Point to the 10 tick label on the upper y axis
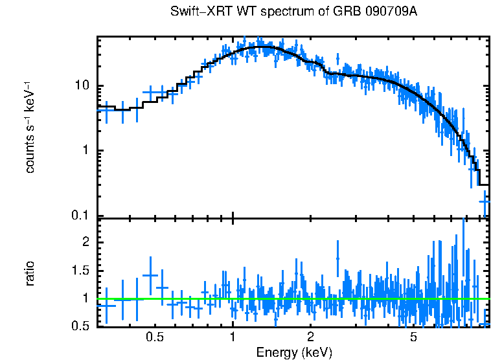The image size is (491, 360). (82, 86)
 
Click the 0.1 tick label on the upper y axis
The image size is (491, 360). (80, 216)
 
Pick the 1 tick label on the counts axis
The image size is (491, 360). (86, 151)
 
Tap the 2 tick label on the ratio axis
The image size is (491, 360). (86, 242)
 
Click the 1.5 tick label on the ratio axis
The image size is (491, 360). (80, 270)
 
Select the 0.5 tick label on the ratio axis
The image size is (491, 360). (80, 326)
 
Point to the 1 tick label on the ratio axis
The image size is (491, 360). (86, 298)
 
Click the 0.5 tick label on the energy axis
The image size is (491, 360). (154, 337)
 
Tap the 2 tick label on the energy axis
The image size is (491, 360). (310, 337)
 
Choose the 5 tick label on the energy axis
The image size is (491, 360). (413, 337)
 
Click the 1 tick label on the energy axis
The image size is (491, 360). (233, 337)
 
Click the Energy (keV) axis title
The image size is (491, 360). (294, 352)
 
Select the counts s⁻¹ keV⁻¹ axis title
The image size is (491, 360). (30, 127)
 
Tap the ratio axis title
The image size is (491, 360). (30, 273)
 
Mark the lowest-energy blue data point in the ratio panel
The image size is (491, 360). (106, 305)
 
